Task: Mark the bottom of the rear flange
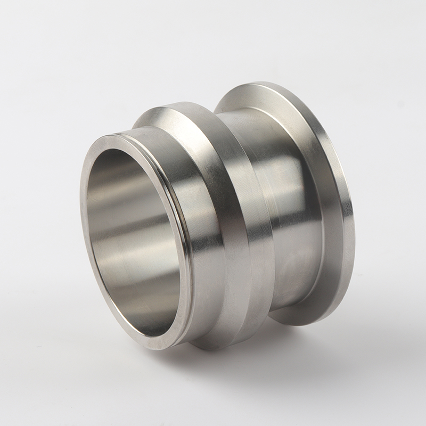[x=298, y=324]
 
